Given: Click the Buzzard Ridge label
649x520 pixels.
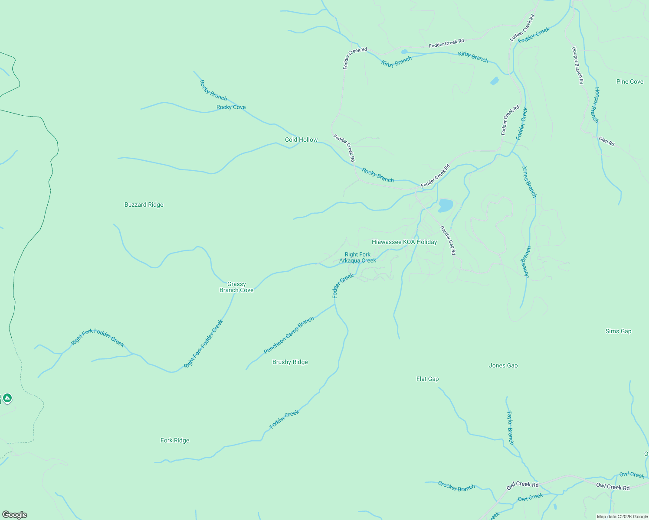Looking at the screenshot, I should point(144,205).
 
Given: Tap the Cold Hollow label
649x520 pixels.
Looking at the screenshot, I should point(301,140).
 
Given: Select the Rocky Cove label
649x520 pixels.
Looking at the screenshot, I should point(231,107).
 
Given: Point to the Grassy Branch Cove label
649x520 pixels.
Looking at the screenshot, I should point(236,287).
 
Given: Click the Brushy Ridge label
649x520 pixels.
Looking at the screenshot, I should point(290,362).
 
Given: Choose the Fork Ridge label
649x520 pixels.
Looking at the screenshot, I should point(175,440).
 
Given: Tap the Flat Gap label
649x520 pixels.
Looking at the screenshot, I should point(427,379).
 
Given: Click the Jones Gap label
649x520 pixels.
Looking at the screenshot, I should point(503,365).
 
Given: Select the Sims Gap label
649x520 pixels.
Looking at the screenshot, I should point(618,331).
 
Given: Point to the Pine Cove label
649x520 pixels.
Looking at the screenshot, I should point(629,81).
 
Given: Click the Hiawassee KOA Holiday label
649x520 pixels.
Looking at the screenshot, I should point(404,242).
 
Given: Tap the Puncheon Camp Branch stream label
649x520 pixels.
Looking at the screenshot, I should point(289,335).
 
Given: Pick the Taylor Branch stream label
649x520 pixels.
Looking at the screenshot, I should point(510,428).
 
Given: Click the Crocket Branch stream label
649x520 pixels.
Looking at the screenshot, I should point(456,486).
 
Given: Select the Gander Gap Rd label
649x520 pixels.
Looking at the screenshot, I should point(448,240).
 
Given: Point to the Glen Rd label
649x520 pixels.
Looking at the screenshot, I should point(606,141).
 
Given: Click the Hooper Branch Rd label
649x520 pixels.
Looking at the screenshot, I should point(577,65).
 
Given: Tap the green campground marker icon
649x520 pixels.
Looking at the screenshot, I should point(7,398).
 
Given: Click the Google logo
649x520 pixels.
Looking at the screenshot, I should point(15,515).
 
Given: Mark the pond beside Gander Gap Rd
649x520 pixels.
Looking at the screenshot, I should point(446,205).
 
